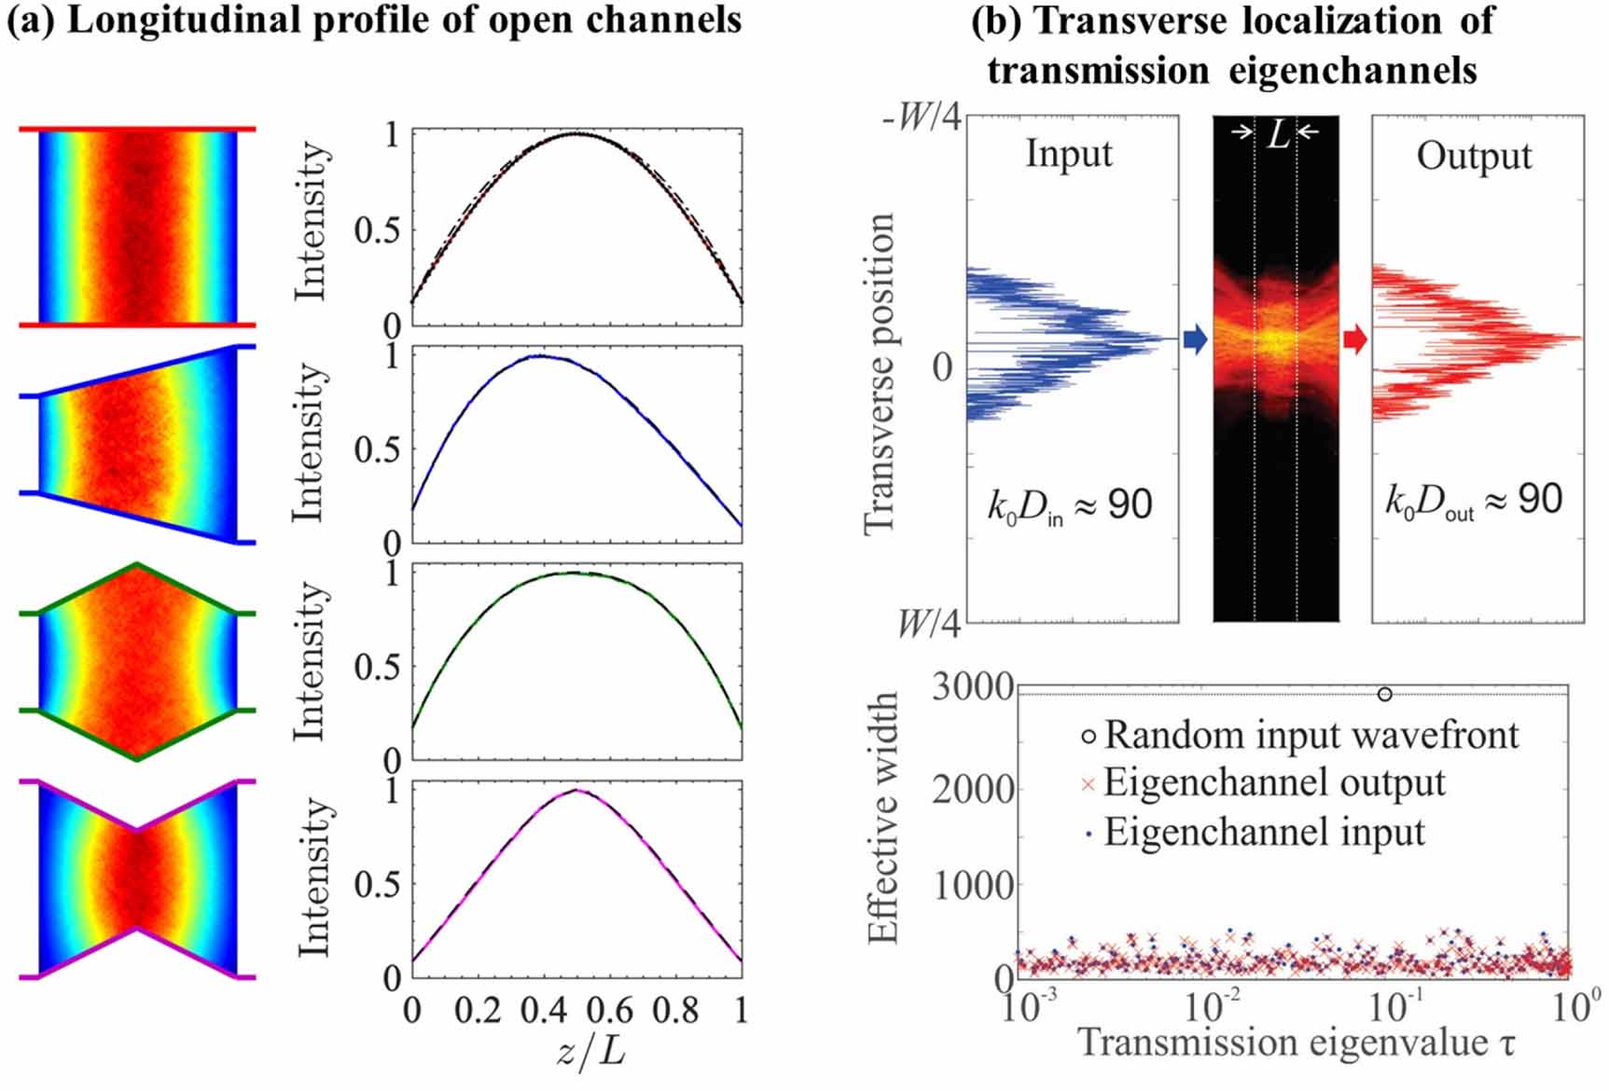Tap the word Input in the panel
tap(1069, 153)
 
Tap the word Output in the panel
tap(1474, 156)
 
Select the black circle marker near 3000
tap(1385, 694)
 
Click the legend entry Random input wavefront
tap(1311, 736)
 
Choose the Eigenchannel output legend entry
tap(1274, 783)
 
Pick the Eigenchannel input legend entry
tap(1264, 832)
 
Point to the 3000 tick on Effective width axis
tap(973, 688)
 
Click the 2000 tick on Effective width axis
tap(973, 790)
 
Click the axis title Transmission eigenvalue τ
tap(1297, 1042)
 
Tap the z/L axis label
tap(591, 1052)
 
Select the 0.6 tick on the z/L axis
tap(610, 1010)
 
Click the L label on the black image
tap(1279, 135)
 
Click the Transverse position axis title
tap(880, 373)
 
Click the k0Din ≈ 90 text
tap(1070, 505)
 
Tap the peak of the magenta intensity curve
tap(577, 791)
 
